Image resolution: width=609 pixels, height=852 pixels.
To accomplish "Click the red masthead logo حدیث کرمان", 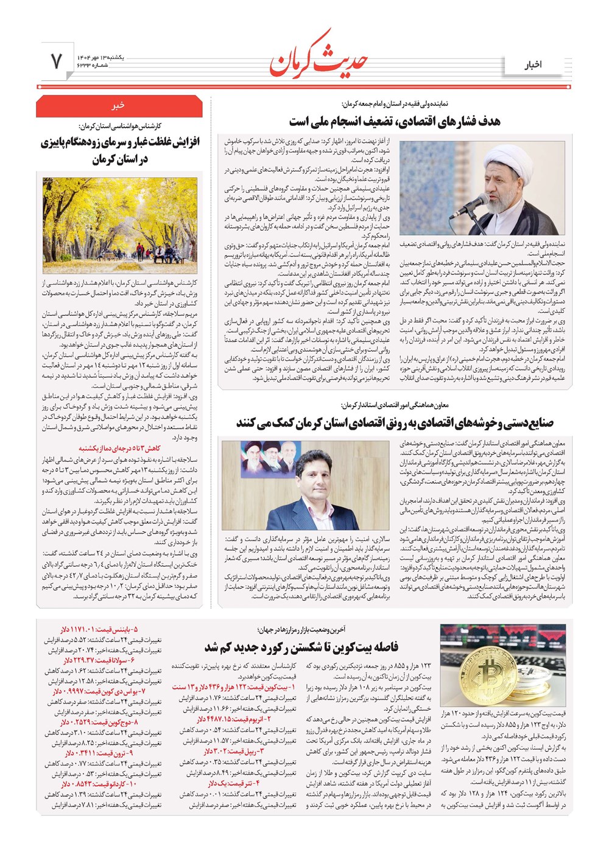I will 318,58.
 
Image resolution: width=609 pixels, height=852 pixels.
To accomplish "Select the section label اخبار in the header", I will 532,65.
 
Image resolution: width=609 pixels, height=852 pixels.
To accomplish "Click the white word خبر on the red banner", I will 119,105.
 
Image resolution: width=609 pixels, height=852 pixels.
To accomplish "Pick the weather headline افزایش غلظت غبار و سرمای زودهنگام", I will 120,151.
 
